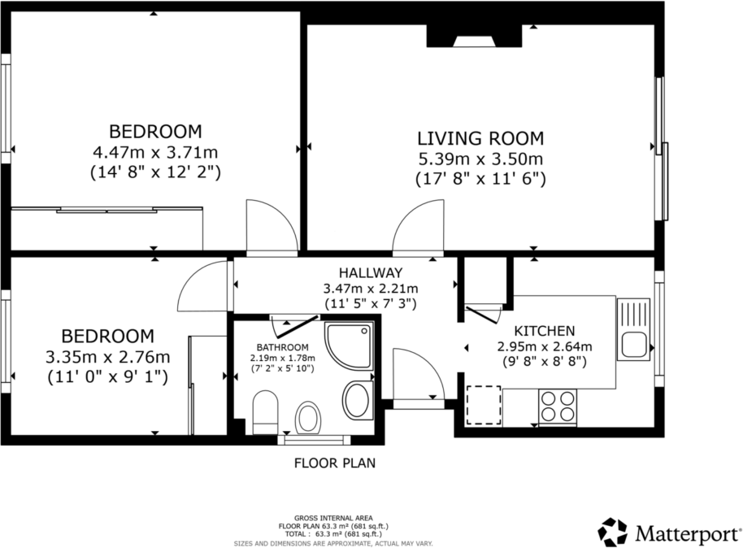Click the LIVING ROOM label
pos(480,137)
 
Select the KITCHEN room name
pos(545,331)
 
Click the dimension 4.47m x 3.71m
pos(155,152)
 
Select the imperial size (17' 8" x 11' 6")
pos(480,178)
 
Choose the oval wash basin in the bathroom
pos(356,399)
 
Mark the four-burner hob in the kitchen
pos(558,406)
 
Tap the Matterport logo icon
pos(612,532)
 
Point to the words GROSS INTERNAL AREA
pos(334,517)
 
